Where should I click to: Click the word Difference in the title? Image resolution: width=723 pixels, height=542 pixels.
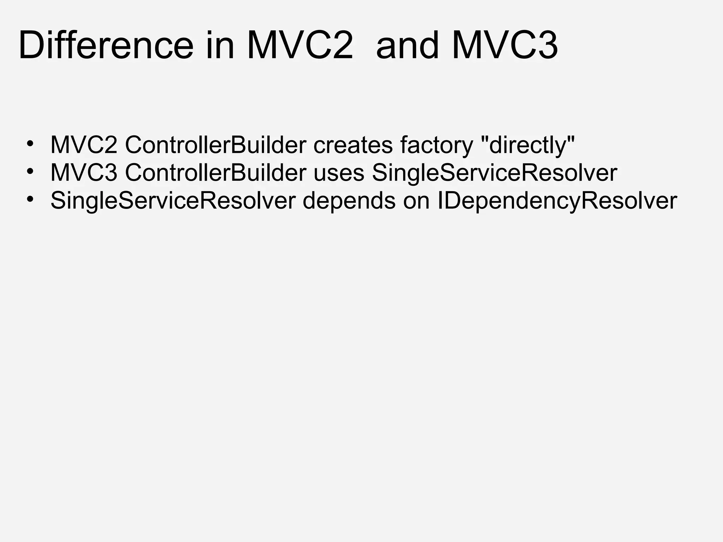pyautogui.click(x=106, y=46)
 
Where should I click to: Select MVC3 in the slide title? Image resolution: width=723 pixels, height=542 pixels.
pyautogui.click(x=505, y=46)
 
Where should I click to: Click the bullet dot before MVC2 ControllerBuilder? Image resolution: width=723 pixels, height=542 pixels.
pyautogui.click(x=30, y=144)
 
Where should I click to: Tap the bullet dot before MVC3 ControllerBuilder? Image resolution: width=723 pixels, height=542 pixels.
pyautogui.click(x=30, y=172)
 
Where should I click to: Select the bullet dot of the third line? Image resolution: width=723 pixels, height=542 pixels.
pyautogui.click(x=30, y=200)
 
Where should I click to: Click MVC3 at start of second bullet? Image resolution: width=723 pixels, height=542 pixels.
pyautogui.click(x=84, y=173)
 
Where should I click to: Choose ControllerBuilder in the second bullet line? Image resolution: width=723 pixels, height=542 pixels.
pyautogui.click(x=215, y=173)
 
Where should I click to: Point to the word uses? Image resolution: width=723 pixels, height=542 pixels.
pyautogui.click(x=339, y=173)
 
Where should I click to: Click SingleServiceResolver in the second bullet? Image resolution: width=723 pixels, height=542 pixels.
pyautogui.click(x=494, y=173)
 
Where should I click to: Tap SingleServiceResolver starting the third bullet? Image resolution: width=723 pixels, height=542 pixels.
pyautogui.click(x=173, y=201)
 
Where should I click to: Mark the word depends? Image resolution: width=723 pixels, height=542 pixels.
pyautogui.click(x=349, y=201)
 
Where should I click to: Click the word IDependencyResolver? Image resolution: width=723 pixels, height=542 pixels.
pyautogui.click(x=557, y=201)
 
